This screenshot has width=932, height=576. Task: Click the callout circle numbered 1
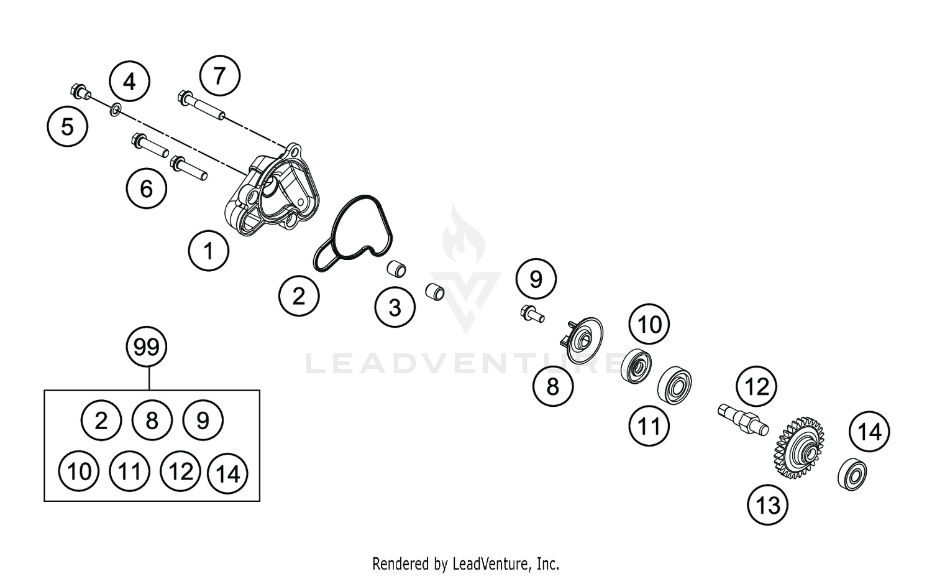pos(209,251)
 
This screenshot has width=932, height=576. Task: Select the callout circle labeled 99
pos(147,346)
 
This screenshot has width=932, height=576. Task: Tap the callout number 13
pos(768,504)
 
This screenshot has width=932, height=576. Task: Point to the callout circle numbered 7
pos(219,76)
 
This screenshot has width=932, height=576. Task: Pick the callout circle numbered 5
pos(67,127)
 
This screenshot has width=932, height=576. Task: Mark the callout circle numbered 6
pos(147,188)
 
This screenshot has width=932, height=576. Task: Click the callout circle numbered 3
pos(395,307)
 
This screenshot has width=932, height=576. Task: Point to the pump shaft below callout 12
pos(742,419)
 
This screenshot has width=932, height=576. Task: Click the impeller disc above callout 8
pos(583,340)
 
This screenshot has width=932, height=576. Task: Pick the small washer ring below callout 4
pos(115,110)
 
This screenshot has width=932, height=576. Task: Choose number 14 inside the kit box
pos(228,473)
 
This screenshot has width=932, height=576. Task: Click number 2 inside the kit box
pos(101,421)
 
